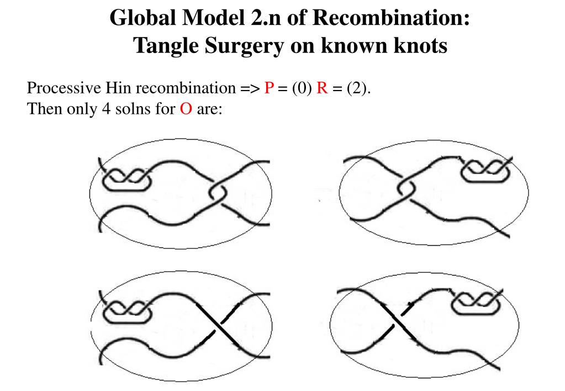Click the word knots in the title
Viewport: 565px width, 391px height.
[421, 46]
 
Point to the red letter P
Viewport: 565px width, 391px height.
[269, 88]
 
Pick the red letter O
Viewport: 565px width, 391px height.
[186, 109]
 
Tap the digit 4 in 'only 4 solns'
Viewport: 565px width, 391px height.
[105, 109]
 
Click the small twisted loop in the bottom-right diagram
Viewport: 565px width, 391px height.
[477, 303]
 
